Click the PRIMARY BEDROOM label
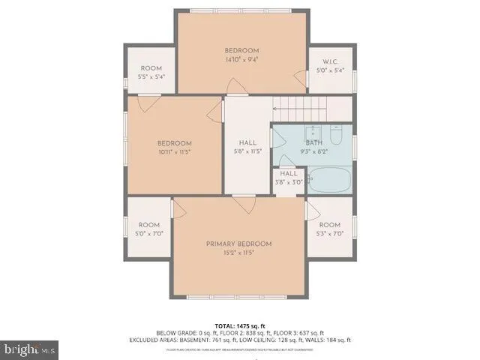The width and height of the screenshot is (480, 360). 239,244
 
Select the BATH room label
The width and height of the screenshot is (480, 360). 313,142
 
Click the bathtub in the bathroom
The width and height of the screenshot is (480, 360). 329,181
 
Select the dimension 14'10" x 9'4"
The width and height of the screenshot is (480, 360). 243,60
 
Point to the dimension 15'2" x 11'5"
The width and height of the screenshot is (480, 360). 239,253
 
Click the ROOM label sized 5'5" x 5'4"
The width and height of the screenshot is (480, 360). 151,68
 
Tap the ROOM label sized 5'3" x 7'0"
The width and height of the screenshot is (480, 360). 330,225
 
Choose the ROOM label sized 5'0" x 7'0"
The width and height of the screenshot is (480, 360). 149,225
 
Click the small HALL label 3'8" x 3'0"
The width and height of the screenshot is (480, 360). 289,173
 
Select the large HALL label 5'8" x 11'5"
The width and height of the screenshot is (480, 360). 247,142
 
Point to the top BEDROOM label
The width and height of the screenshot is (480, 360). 243,51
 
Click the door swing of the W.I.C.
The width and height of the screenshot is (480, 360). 301,78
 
